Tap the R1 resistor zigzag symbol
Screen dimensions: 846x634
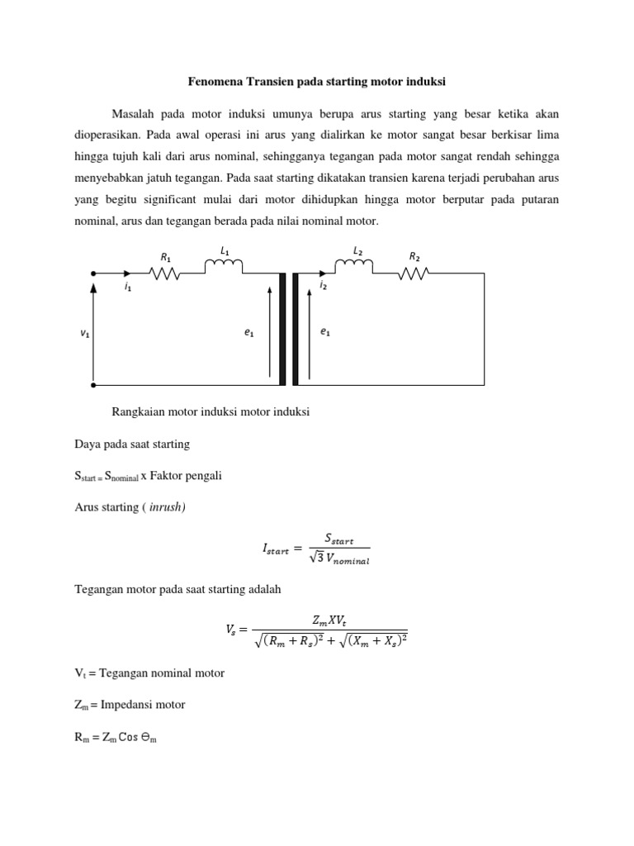tap(164, 273)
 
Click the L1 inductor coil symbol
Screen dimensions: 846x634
tap(224, 266)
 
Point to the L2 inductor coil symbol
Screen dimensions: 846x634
tap(354, 266)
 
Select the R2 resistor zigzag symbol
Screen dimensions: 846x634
tap(414, 273)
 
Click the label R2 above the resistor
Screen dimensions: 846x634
tap(414, 256)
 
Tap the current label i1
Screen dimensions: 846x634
tap(128, 288)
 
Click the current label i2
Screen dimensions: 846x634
tap(323, 285)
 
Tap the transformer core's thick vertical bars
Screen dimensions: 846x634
tap(287, 329)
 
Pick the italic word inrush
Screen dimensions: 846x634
tap(166, 507)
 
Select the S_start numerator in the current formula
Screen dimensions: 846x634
tap(338, 540)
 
